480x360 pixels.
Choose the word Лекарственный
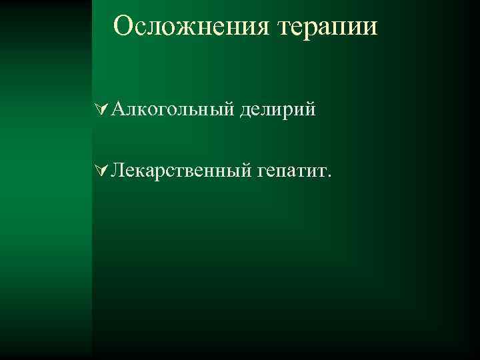[x=179, y=173]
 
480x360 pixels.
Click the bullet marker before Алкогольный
[x=101, y=109]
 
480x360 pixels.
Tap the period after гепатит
[x=328, y=177]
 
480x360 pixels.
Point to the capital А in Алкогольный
[x=118, y=109]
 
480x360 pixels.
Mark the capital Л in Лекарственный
[x=118, y=173]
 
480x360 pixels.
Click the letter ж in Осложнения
[x=183, y=29]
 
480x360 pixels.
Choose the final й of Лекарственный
[x=243, y=173]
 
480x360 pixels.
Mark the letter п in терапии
[x=344, y=29]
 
